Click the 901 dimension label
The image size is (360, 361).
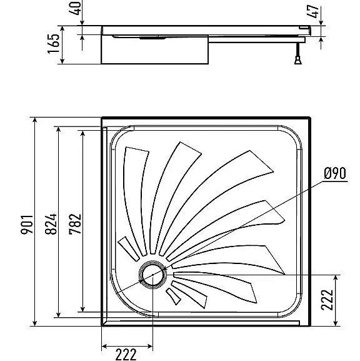click(x=27, y=225)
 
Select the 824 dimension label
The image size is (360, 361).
click(x=51, y=224)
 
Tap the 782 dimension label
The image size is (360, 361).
click(x=75, y=224)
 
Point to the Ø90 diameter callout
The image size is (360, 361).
click(x=335, y=173)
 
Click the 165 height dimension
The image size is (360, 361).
click(x=54, y=44)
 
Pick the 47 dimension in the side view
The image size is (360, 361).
click(x=313, y=11)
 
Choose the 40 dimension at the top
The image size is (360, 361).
click(x=75, y=8)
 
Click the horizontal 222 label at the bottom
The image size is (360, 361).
click(x=126, y=355)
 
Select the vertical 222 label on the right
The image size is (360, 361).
click(x=327, y=300)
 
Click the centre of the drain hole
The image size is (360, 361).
click(x=152, y=275)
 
